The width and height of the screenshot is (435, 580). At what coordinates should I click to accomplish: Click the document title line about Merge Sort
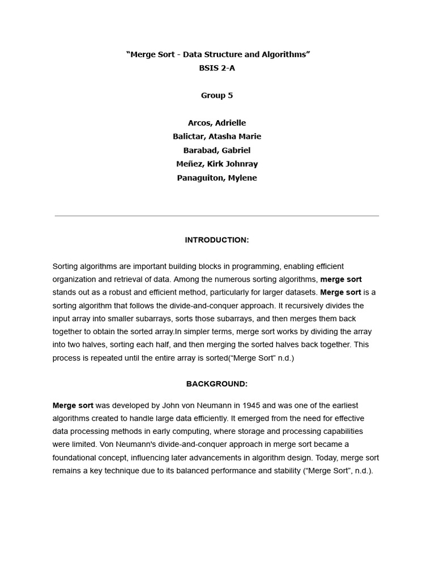pos(217,54)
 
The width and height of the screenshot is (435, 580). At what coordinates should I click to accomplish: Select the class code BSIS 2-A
pos(217,68)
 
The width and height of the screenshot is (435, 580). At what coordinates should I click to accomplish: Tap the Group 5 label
pos(217,95)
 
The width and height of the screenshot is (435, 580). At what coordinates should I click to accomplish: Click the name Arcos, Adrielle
pos(217,123)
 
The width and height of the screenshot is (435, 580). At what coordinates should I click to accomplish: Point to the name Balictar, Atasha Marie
pos(217,137)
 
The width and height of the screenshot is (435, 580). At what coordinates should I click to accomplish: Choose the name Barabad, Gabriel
pos(217,150)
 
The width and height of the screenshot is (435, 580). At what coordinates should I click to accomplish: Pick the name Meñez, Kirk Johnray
pos(217,164)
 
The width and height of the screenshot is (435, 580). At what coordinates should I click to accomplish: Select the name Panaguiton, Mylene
pos(217,178)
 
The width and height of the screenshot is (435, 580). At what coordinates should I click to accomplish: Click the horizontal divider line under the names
pos(217,216)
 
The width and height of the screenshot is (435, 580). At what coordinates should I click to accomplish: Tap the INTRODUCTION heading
pos(217,240)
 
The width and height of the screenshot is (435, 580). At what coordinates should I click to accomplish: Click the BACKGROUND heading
pos(217,384)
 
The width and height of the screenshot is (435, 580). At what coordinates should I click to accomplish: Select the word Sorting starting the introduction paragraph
pos(67,266)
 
